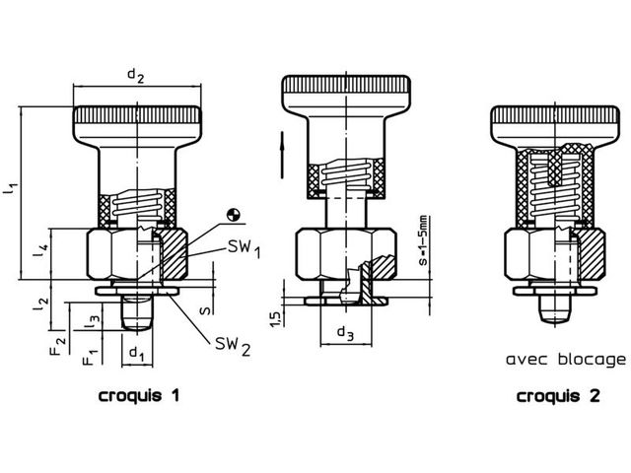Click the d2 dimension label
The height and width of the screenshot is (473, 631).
tap(136, 75)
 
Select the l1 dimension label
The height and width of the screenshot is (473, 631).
tap(11, 188)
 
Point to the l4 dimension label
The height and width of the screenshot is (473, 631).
tap(42, 250)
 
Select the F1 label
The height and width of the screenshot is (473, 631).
tap(90, 356)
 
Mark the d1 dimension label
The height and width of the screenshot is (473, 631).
tap(137, 353)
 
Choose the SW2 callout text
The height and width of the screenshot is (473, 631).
tap(233, 346)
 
